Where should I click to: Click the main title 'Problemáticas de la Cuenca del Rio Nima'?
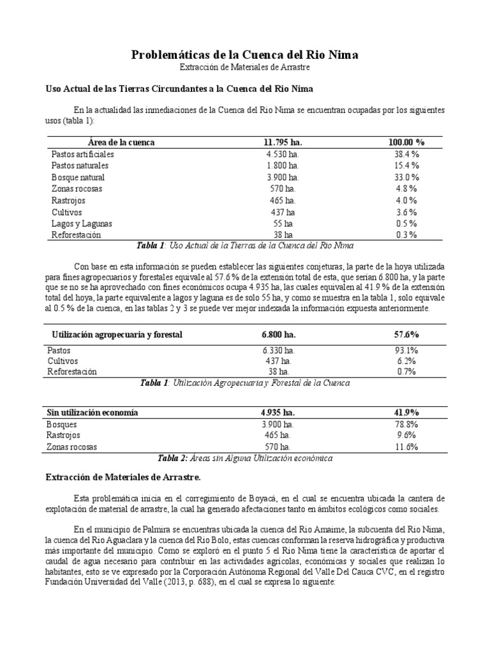(245, 55)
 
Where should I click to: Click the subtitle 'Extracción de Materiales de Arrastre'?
(245, 67)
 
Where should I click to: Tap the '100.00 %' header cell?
(406, 142)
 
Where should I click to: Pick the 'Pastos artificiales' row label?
(82, 155)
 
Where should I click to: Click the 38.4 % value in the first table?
(406, 155)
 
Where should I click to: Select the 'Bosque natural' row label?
(78, 178)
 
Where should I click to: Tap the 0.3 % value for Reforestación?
(406, 235)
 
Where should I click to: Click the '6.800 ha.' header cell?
(279, 335)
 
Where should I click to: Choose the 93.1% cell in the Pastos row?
(406, 351)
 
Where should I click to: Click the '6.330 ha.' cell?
(279, 351)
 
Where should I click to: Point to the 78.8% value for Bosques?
(406, 424)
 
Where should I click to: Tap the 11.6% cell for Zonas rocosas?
(406, 447)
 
